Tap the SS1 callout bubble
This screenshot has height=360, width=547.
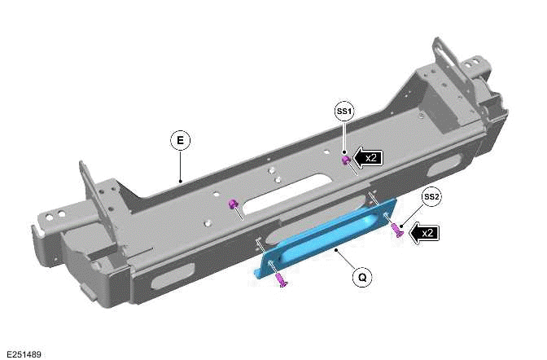coord(344,111)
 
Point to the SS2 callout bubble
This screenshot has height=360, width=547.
coord(431,197)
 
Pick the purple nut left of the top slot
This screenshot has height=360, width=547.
coord(232,203)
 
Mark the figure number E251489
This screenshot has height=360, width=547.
coord(24,353)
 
